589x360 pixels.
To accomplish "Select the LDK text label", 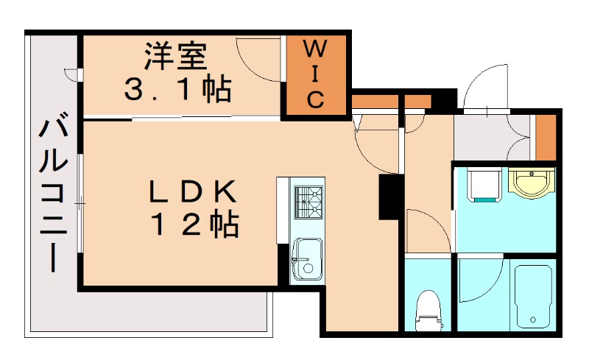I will click(193, 191).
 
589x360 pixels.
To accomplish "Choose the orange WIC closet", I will click(315, 75).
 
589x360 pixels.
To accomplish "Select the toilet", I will click(427, 309).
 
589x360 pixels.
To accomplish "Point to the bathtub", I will click(534, 296).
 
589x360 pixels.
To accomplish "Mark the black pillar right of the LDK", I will click(389, 197).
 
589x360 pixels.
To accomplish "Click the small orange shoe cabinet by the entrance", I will click(546, 138).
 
